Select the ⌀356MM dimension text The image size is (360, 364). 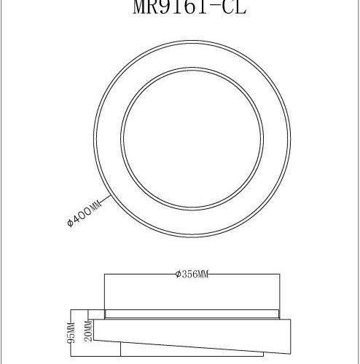coord(192,274)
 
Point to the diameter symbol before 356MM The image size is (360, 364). coord(179,274)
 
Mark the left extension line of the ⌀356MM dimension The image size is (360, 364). coord(105,291)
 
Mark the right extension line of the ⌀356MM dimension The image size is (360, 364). coord(278,291)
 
